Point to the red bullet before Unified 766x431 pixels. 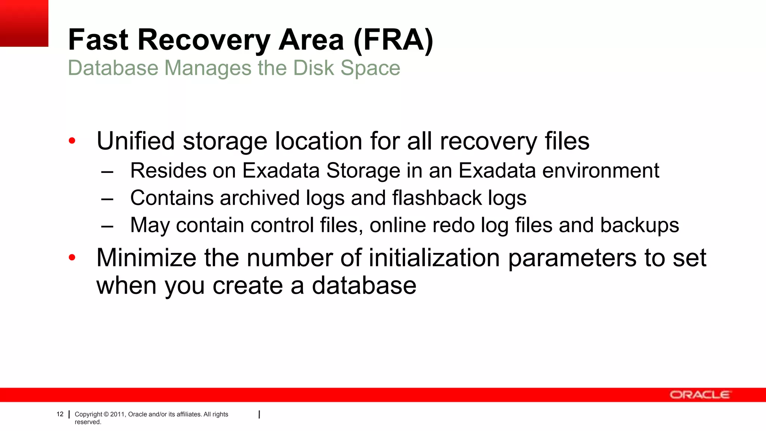[72, 141]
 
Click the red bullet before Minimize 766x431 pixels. [72, 257]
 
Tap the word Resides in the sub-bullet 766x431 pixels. [168, 171]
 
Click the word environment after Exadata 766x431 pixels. [601, 171]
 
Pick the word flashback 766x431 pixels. [437, 198]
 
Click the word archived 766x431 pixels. [260, 198]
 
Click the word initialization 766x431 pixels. [434, 258]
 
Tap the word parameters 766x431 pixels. [572, 259]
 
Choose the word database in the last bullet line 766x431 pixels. [364, 285]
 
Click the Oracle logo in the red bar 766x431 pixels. [699, 395]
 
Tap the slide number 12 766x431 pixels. [60, 414]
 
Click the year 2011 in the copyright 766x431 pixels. [117, 414]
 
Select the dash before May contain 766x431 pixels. [107, 226]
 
